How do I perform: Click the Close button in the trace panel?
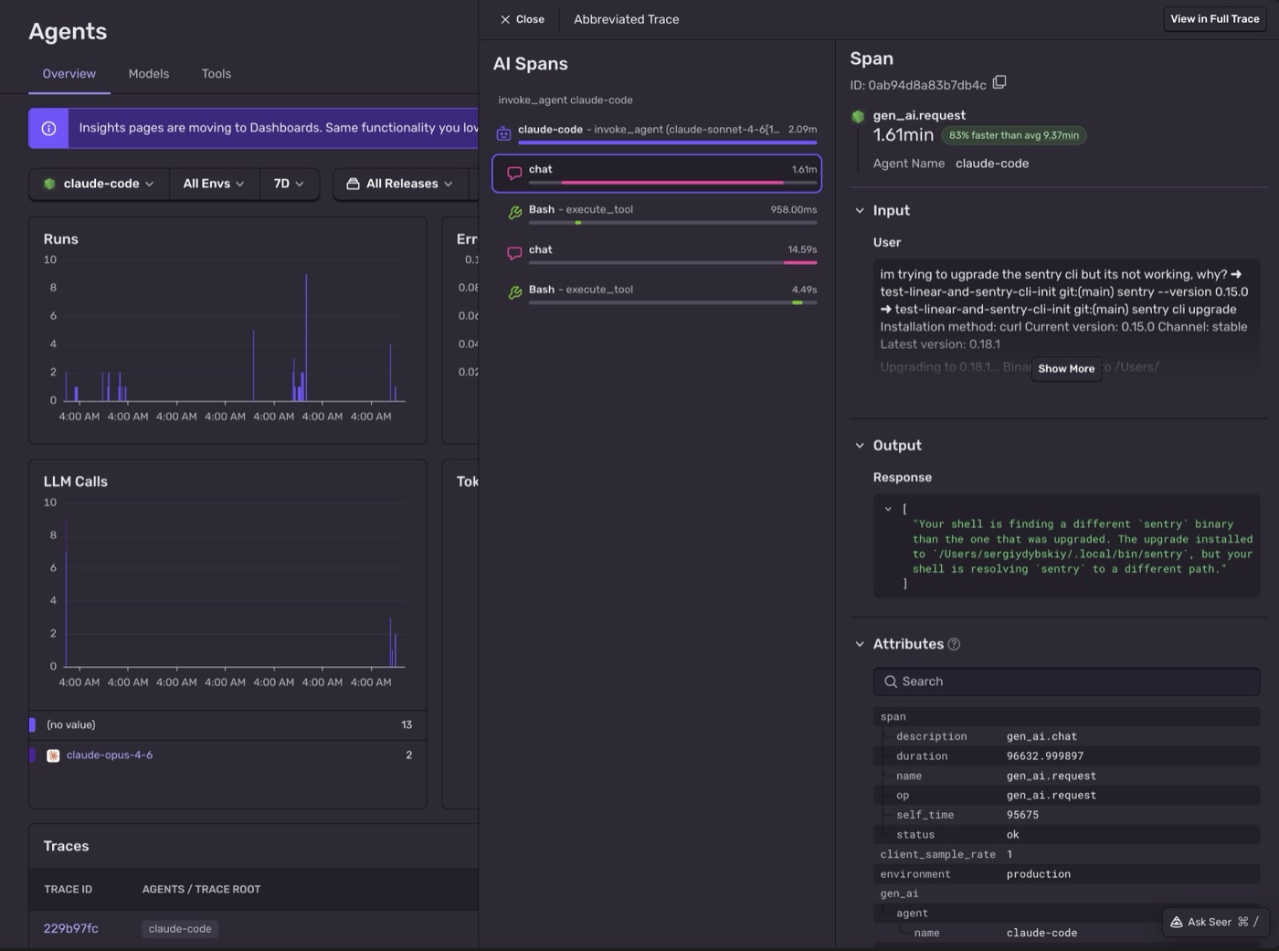(522, 19)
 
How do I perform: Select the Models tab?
(149, 74)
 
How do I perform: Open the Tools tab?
(217, 74)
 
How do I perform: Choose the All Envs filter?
(214, 184)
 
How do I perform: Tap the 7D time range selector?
(289, 184)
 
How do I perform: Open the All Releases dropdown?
(401, 184)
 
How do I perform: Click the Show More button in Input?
(1066, 368)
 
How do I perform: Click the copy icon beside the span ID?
(999, 82)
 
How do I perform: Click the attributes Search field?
(1066, 682)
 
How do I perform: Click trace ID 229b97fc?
(71, 928)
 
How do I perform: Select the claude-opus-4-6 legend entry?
(110, 756)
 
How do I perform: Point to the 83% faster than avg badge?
(1013, 135)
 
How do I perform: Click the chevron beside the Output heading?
(860, 446)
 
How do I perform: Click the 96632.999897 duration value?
(1045, 756)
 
